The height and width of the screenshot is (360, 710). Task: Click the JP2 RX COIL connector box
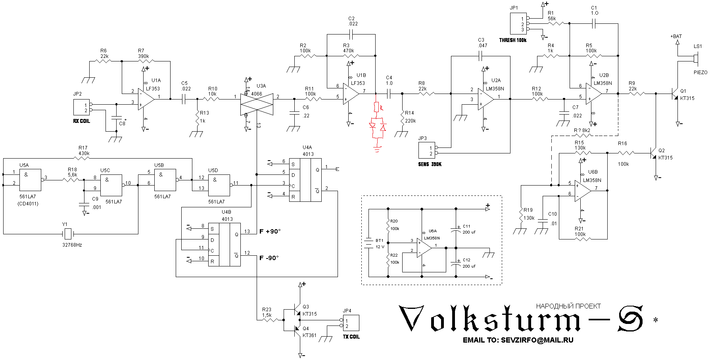click(81, 107)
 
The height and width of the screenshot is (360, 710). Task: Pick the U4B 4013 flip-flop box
click(224, 244)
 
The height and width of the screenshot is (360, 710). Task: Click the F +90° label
click(270, 232)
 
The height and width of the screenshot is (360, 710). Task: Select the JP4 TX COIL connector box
click(351, 323)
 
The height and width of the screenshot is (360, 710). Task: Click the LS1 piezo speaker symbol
click(695, 59)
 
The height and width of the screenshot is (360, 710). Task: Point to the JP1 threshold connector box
click(518, 24)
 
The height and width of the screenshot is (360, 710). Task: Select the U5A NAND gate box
click(30, 180)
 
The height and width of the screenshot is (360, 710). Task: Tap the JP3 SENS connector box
click(427, 151)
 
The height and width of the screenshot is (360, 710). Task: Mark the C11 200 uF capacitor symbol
click(456, 230)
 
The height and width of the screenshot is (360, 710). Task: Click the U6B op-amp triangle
click(582, 190)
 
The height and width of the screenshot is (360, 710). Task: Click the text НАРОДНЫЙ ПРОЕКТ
click(568, 306)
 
